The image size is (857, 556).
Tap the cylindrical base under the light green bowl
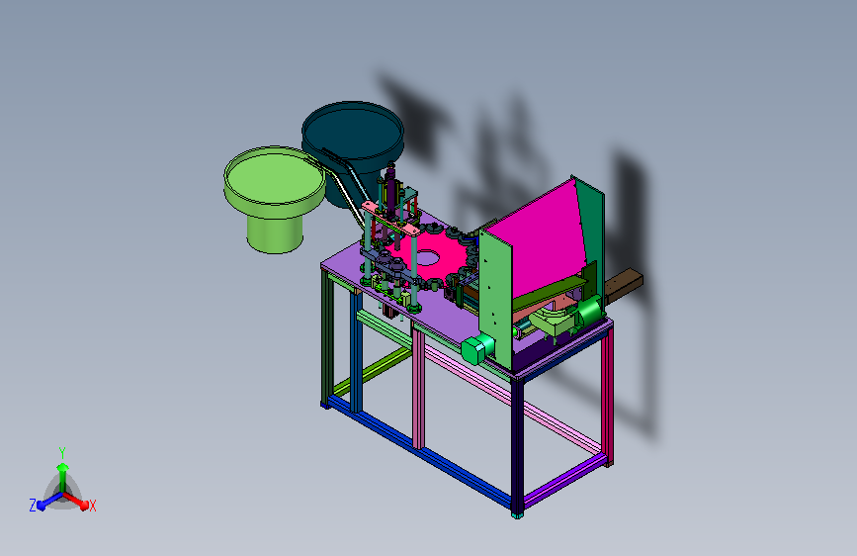tap(275, 233)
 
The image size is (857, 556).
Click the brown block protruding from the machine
tap(623, 285)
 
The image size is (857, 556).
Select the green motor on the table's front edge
tap(477, 348)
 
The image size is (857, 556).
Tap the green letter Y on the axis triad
tap(62, 453)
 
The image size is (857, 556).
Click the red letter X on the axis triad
tap(92, 507)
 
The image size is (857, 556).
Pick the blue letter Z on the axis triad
tap(33, 506)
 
